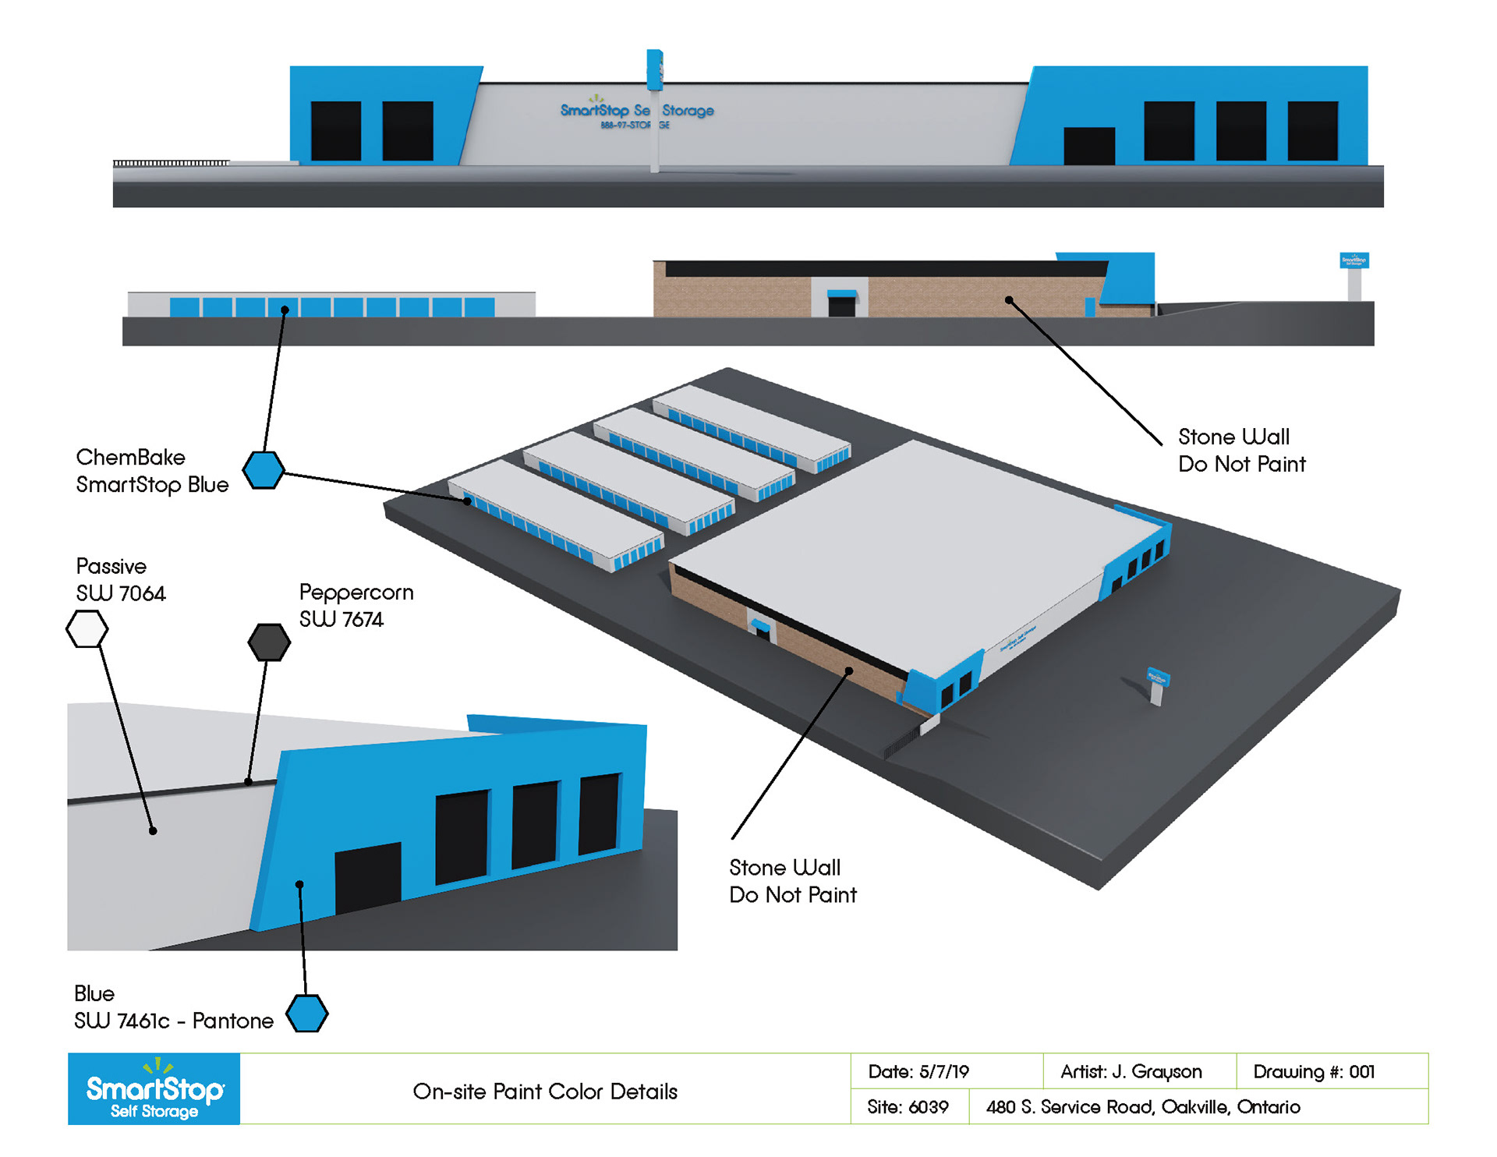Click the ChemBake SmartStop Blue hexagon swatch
click(x=264, y=470)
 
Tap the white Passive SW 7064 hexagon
click(x=87, y=629)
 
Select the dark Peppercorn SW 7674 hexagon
click(x=269, y=642)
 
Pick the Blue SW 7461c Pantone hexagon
click(x=306, y=1014)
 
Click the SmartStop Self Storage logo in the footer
click(x=154, y=1089)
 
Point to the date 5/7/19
click(x=918, y=1072)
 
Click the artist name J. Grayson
click(x=1131, y=1072)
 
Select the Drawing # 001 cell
click(x=1314, y=1072)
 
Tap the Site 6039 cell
click(x=908, y=1107)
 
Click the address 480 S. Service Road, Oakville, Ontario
click(x=1143, y=1107)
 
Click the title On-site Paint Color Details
click(x=545, y=1092)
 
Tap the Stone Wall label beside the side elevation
click(x=1241, y=451)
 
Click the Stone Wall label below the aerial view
click(x=792, y=881)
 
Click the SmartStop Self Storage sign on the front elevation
click(x=637, y=114)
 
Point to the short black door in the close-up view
click(x=367, y=877)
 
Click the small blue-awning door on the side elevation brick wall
click(x=841, y=303)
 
